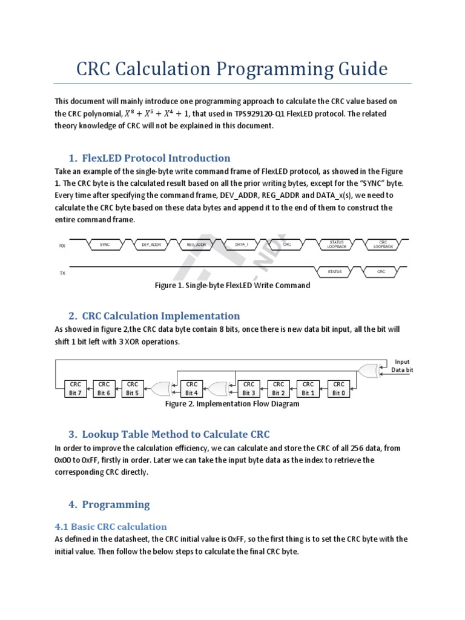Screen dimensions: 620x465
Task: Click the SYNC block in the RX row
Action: [104, 245]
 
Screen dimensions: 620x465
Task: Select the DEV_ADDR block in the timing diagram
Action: [151, 245]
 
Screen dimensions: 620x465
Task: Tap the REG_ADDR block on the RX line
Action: [197, 245]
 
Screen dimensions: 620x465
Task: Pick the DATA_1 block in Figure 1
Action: [242, 245]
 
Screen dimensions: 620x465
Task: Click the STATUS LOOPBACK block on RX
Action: [337, 245]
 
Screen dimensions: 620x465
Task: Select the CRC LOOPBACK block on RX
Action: [382, 245]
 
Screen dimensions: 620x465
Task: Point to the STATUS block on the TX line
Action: [334, 272]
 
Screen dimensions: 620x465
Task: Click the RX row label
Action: [62, 246]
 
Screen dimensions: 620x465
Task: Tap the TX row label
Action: [62, 273]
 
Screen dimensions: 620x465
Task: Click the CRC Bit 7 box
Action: [76, 388]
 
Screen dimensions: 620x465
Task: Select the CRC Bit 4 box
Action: [192, 388]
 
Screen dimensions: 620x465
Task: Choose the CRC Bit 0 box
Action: [338, 388]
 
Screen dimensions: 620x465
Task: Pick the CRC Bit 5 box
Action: [133, 388]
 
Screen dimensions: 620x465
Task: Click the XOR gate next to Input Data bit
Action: [367, 370]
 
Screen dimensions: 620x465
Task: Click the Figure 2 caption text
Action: [232, 404]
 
